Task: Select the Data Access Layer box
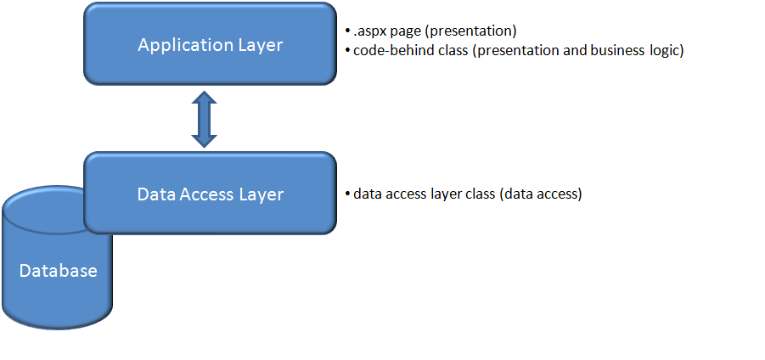[210, 194]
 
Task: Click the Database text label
[58, 272]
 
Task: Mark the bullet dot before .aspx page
[348, 32]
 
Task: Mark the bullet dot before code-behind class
[348, 51]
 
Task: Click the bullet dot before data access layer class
[348, 194]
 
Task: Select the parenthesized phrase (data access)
[541, 194]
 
